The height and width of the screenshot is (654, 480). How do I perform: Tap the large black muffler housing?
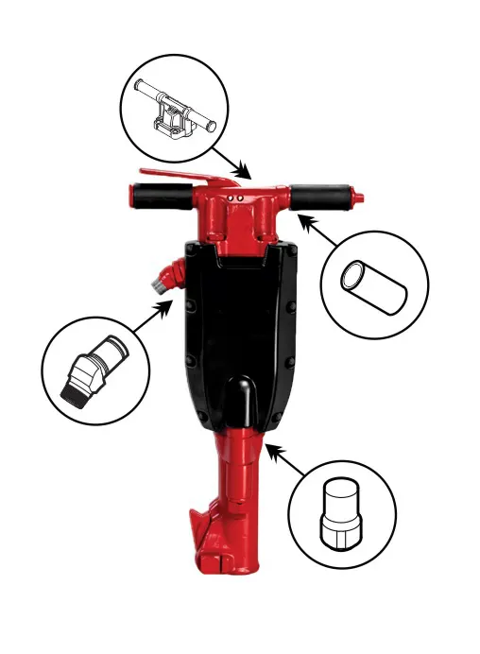pos(240,321)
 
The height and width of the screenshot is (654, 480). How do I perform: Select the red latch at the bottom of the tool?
pos(203,529)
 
